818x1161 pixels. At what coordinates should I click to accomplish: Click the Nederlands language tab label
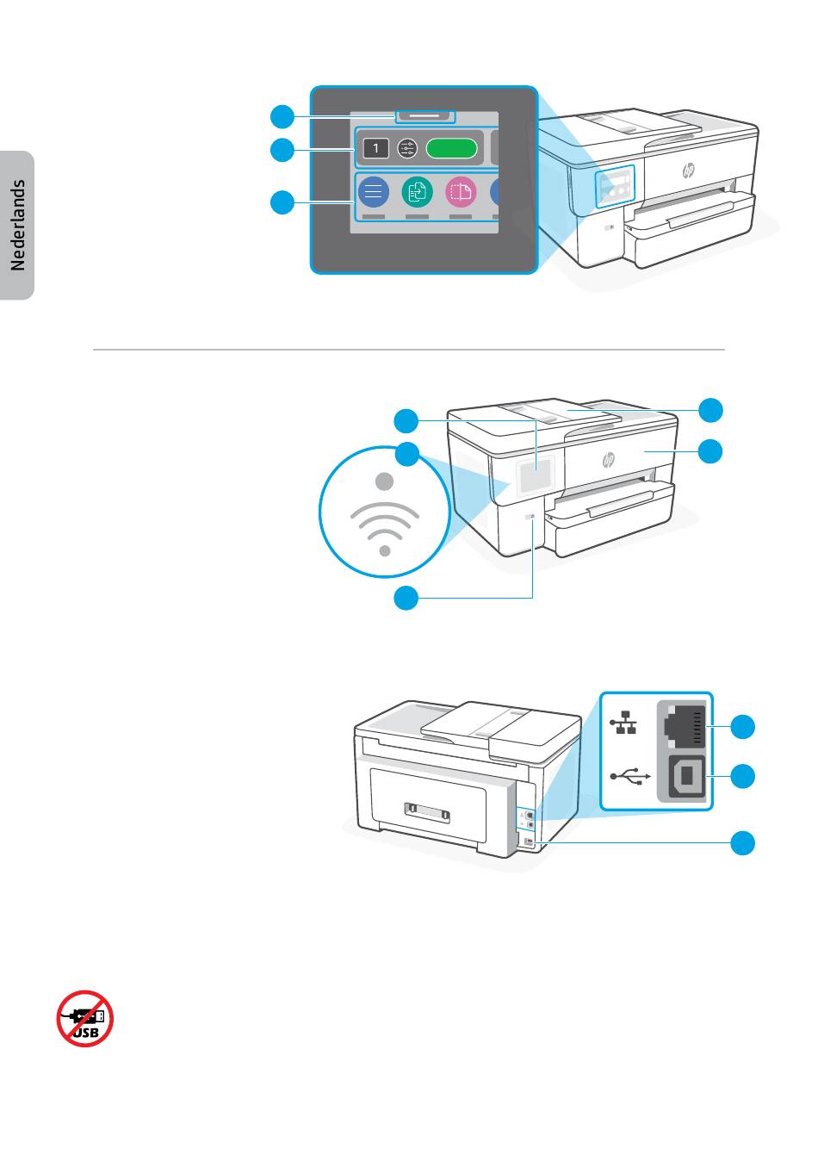18,226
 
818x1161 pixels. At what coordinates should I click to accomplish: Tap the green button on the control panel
451,149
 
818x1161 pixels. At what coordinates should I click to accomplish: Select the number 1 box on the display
375,149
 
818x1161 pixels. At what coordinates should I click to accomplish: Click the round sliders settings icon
407,149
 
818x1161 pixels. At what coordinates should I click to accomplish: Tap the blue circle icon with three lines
374,191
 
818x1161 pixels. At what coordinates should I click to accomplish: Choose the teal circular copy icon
417,191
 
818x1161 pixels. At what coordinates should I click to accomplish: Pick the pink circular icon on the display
461,191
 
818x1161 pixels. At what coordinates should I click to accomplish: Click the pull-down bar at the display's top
424,115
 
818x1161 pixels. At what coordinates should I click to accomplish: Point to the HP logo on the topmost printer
688,171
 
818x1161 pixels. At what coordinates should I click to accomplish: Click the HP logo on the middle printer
610,460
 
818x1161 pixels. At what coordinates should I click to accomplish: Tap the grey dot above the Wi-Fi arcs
386,480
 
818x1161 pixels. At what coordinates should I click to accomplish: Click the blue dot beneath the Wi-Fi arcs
386,549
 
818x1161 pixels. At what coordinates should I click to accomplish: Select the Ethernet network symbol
627,723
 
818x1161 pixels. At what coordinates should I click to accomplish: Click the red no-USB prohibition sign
85,1017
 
